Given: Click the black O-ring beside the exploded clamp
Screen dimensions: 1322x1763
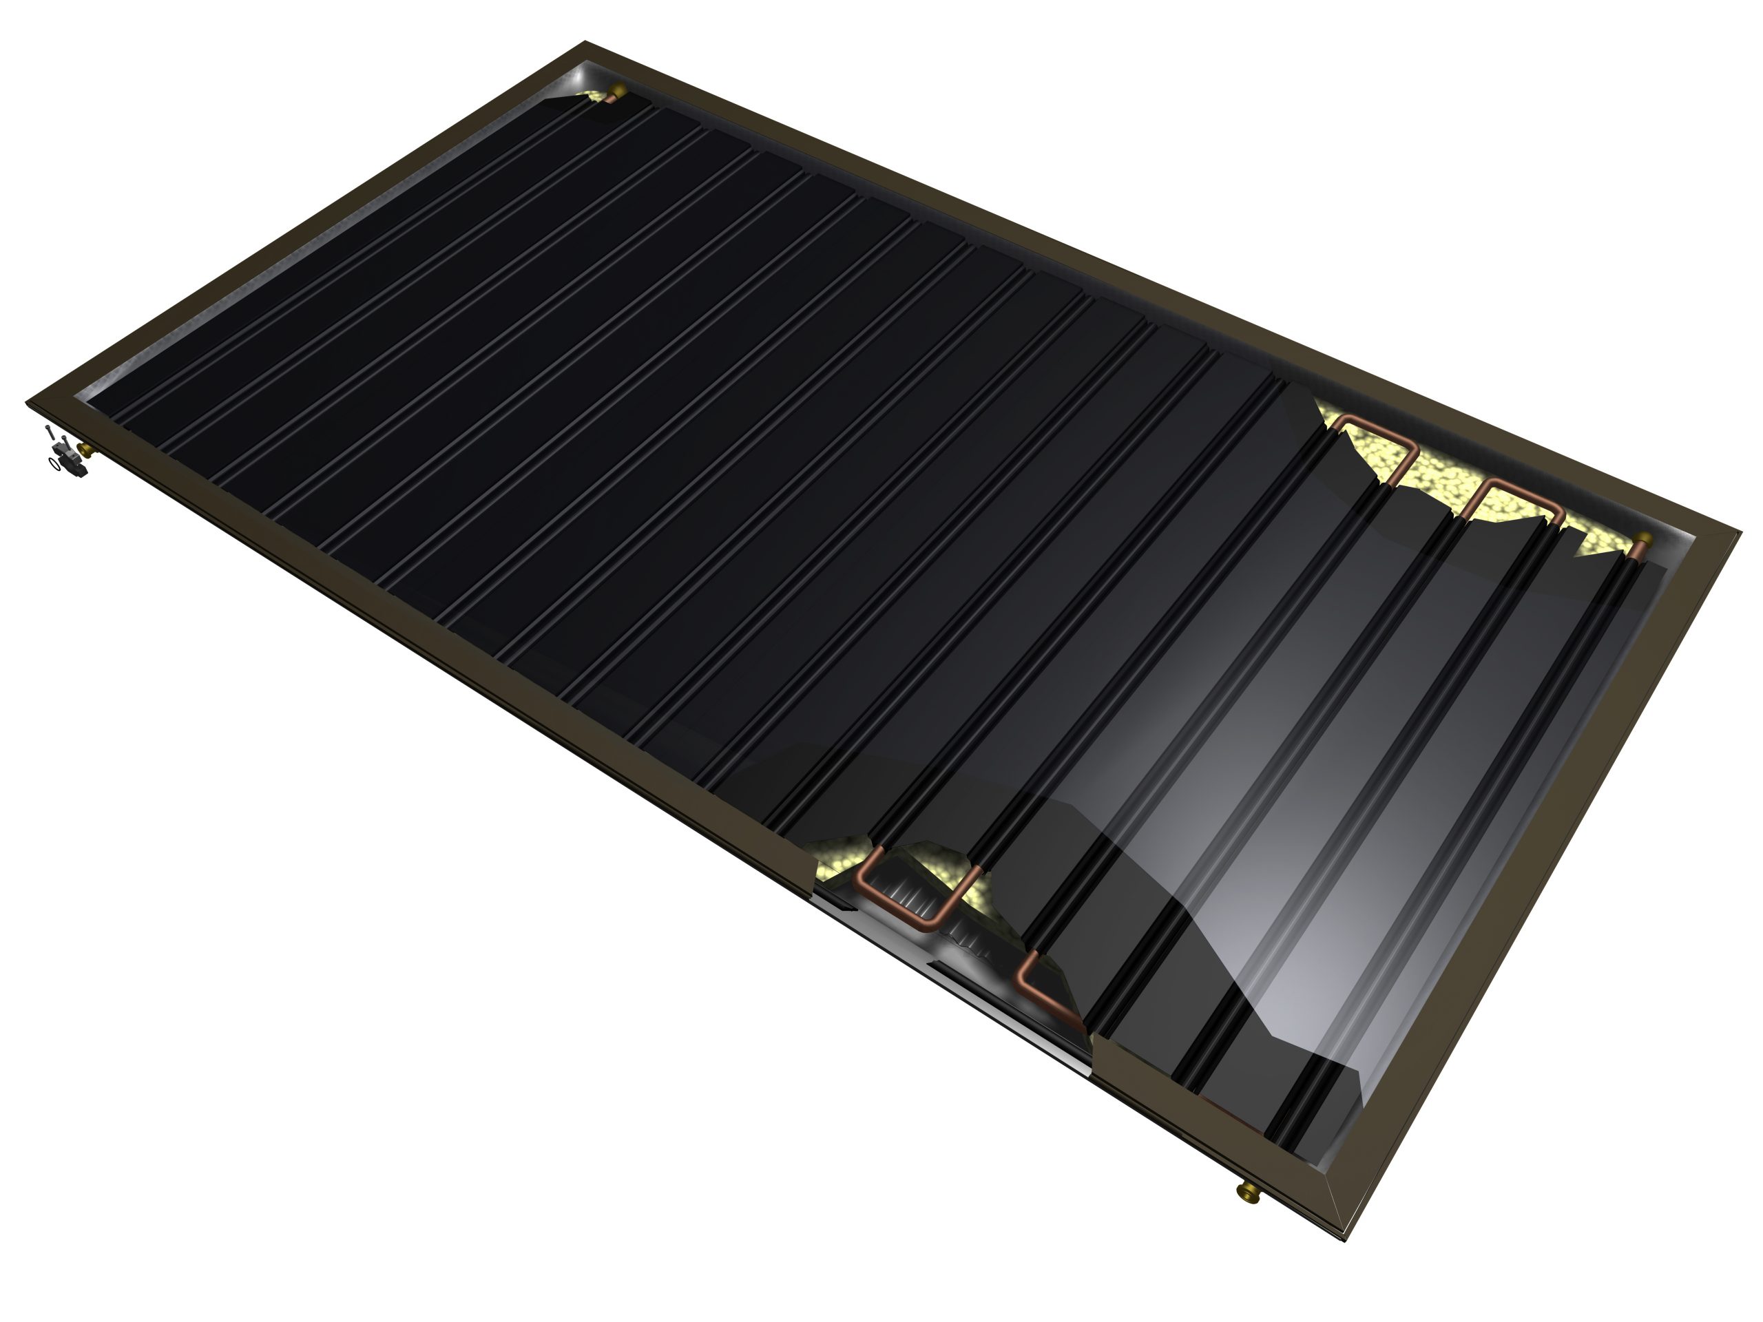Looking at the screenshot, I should pyautogui.click(x=55, y=465).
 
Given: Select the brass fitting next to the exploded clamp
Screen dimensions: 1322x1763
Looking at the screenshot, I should pyautogui.click(x=85, y=451).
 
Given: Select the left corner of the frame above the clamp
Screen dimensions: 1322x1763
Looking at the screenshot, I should pyautogui.click(x=29, y=402).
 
